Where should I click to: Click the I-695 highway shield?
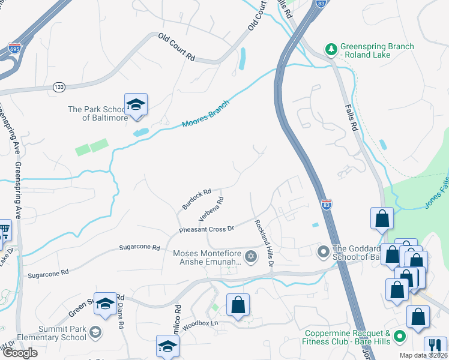tap(14, 47)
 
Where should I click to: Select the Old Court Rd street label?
tap(177, 47)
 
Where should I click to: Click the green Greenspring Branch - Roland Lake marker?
tap(330, 48)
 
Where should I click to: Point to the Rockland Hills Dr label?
tap(264, 244)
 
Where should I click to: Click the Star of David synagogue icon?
tap(251, 257)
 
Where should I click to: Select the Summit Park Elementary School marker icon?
tap(95, 332)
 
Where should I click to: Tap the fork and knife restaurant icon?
tap(433, 346)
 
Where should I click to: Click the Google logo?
tap(20, 353)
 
